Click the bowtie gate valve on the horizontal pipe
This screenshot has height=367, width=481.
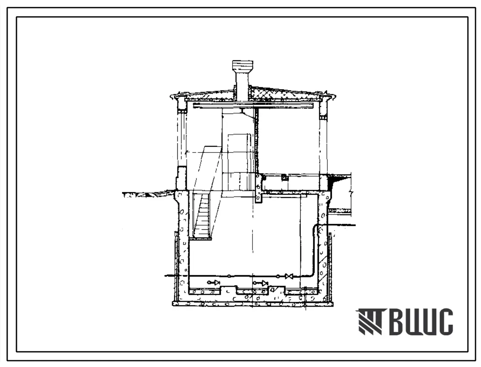pyautogui.click(x=289, y=277)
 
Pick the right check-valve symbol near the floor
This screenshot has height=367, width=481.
pyautogui.click(x=261, y=283)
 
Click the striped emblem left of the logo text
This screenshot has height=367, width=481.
pyautogui.click(x=370, y=322)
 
